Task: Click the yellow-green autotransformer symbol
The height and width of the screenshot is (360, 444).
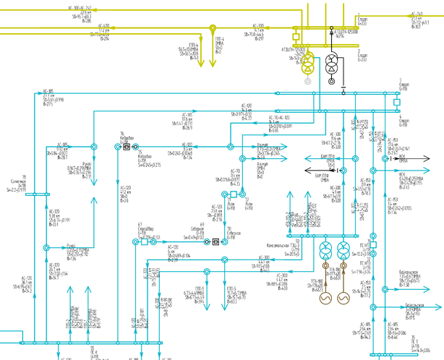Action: (x=308, y=64)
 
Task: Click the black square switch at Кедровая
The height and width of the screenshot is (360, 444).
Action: (x=126, y=145)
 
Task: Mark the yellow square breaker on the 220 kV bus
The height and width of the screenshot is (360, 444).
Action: (x=296, y=35)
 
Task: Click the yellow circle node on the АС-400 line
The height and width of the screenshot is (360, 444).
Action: (x=213, y=30)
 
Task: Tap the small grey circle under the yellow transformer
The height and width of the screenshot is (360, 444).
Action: (x=307, y=82)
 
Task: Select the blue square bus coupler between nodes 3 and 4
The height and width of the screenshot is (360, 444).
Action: (x=396, y=103)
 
